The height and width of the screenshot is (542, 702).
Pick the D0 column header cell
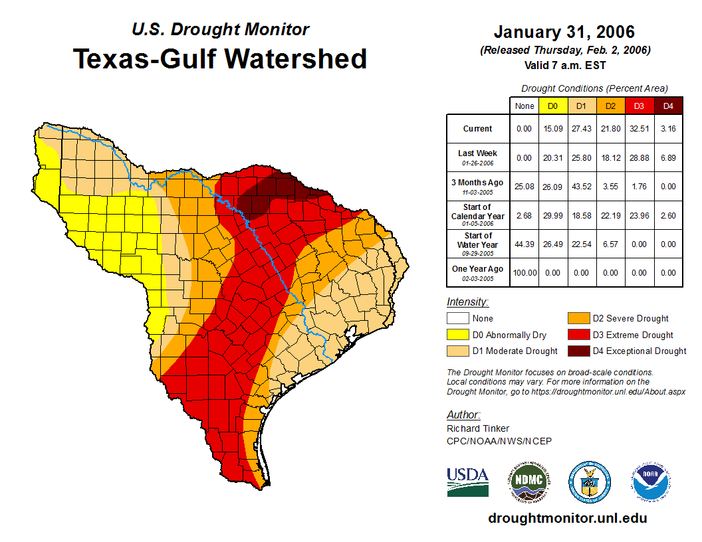click(x=552, y=106)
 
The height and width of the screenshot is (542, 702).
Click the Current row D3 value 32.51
click(x=640, y=129)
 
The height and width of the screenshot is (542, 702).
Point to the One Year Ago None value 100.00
click(x=525, y=272)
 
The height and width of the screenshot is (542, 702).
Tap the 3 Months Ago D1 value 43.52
click(x=582, y=186)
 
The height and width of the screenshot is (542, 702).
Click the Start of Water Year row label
click(x=478, y=244)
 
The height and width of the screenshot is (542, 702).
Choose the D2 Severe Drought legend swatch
click(x=578, y=319)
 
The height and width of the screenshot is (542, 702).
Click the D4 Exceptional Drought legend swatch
click(x=578, y=351)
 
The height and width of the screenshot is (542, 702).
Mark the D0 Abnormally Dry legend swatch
click(x=457, y=335)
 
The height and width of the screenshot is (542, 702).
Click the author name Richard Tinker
click(x=478, y=428)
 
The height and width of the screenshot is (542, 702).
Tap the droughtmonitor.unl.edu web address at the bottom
click(x=567, y=518)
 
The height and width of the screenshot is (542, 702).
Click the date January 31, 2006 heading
click(x=564, y=32)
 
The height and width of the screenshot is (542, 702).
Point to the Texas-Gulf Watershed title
click(x=219, y=58)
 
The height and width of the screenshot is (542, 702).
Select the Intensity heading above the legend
click(x=467, y=302)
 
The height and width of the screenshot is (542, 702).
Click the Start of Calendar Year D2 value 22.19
click(x=610, y=215)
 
